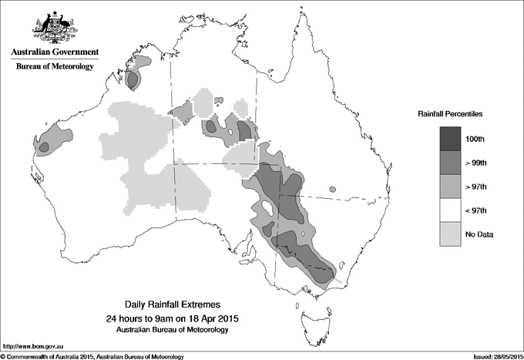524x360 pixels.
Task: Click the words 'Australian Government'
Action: (x=54, y=52)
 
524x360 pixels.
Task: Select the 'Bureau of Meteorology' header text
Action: (x=54, y=67)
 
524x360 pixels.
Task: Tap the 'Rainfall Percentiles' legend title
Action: (x=450, y=114)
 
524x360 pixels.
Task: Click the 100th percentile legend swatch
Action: (x=450, y=139)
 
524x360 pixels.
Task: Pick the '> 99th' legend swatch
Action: (x=450, y=163)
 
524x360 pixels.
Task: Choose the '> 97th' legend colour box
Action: (x=450, y=187)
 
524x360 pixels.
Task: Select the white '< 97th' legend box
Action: (x=450, y=210)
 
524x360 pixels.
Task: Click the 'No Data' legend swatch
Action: (x=450, y=234)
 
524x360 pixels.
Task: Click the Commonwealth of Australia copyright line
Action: (x=92, y=355)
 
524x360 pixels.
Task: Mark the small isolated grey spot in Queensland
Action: (x=332, y=189)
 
